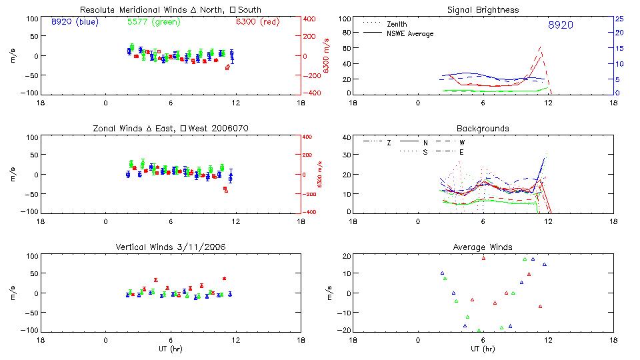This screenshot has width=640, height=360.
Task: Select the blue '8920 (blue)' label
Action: [74, 21]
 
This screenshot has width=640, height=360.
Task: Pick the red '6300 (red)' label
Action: [257, 21]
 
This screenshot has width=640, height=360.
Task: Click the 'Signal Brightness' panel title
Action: [483, 10]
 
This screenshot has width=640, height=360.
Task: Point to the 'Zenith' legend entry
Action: [397, 24]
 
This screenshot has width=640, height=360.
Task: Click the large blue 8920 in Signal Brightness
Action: [560, 25]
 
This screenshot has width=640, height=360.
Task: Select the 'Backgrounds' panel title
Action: [483, 128]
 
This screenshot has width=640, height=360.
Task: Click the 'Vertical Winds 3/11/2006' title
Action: [170, 247]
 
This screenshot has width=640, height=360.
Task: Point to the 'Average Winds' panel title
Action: [483, 247]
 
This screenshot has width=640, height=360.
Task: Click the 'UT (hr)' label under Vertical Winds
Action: [170, 349]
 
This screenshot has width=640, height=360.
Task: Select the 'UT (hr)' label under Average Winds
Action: [483, 349]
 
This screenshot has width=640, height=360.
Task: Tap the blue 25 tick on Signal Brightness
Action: [619, 19]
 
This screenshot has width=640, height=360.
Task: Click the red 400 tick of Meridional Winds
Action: [310, 19]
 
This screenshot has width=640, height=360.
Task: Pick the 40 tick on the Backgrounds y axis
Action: [346, 138]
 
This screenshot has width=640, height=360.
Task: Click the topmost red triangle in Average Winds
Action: [484, 258]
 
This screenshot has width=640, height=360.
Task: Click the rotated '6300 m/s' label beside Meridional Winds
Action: [326, 56]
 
